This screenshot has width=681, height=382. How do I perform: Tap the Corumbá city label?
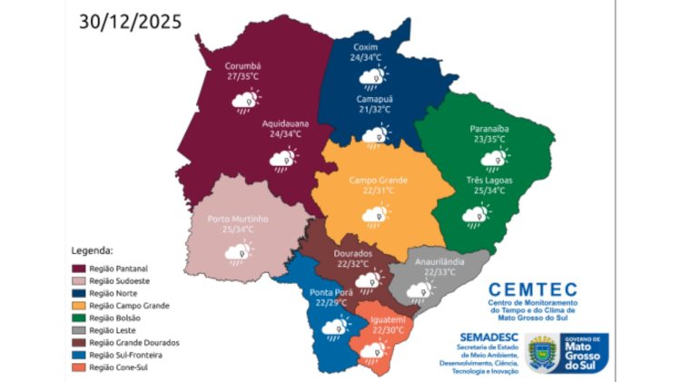[242, 66]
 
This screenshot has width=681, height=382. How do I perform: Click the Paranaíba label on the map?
[489, 130]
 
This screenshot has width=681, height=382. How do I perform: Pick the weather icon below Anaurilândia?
[419, 291]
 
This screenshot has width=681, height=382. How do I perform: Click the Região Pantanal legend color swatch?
[79, 269]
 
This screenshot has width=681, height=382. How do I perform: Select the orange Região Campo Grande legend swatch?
[79, 306]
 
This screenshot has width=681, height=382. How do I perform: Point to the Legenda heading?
[92, 250]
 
